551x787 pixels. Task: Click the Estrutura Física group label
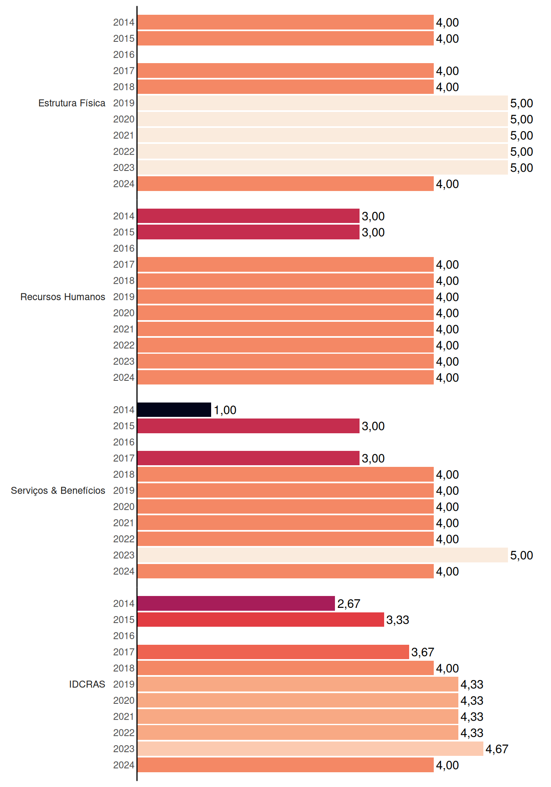(x=72, y=103)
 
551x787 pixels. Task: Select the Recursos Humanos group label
(x=63, y=297)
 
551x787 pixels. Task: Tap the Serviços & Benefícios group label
(x=58, y=491)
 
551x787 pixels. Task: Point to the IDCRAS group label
(x=87, y=684)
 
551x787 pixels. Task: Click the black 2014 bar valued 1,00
(x=174, y=410)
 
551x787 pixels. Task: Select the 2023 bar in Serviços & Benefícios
(x=323, y=555)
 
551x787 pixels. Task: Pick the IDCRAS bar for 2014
(x=236, y=603)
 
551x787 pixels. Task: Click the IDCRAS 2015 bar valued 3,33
(x=261, y=620)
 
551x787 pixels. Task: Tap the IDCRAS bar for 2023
(x=310, y=749)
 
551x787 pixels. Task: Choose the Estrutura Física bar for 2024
(x=286, y=184)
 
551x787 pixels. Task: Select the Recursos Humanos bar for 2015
(x=248, y=232)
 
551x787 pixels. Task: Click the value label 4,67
(x=497, y=749)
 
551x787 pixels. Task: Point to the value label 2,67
(x=348, y=603)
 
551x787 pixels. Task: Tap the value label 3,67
(x=423, y=652)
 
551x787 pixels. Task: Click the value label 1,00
(x=225, y=410)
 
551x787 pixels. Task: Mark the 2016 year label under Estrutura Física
(x=124, y=55)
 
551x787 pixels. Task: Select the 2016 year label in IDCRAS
(x=124, y=636)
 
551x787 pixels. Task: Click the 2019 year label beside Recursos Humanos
(x=124, y=297)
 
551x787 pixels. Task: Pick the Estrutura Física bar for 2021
(x=323, y=135)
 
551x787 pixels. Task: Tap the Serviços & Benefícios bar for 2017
(x=248, y=458)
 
